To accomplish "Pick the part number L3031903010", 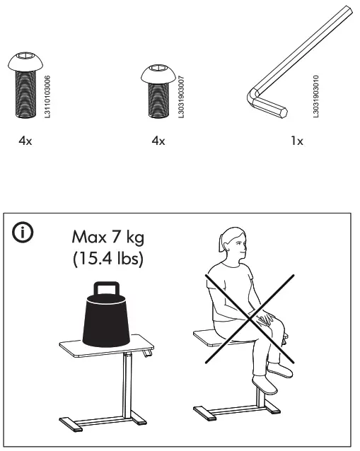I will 315,91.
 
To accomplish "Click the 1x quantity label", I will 297,141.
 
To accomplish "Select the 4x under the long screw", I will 25,141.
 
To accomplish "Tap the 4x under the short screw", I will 158,141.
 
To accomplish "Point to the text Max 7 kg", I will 109,235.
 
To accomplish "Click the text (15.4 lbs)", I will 109,259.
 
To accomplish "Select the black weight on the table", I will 106,318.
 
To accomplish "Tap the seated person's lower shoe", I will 265,384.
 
